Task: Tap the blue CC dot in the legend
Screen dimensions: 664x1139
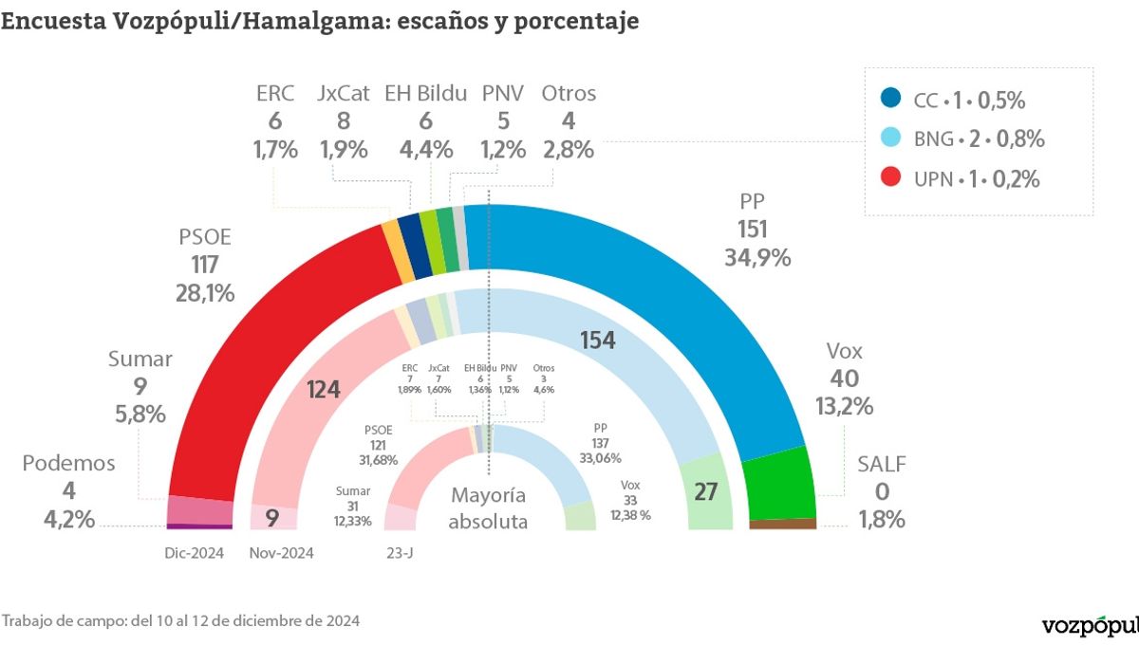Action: (890, 99)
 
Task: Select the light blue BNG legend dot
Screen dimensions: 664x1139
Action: (890, 138)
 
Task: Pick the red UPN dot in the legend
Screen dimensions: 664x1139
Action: (890, 177)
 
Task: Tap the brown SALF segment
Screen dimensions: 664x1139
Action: (782, 524)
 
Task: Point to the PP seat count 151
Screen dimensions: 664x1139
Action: (752, 229)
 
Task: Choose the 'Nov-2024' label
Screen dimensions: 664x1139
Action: (281, 553)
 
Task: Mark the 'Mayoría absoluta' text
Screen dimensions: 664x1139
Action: (488, 508)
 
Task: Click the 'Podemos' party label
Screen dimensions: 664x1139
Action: (68, 463)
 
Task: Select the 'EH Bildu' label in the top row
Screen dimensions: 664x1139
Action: (425, 93)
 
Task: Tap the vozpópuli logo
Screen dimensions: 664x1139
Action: (1090, 626)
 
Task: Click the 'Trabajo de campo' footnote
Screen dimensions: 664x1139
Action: (180, 621)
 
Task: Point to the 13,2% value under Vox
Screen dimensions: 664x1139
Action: (844, 407)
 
